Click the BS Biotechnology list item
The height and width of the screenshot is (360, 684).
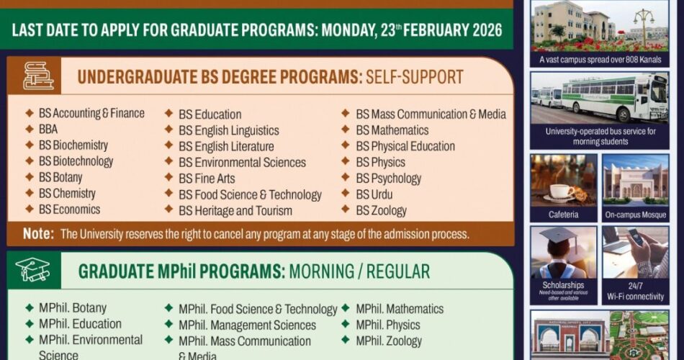[x=76, y=161]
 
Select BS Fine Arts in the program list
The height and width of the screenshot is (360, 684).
[x=207, y=179]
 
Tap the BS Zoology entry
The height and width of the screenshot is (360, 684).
[x=382, y=211]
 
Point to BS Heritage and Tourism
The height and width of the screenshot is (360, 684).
[x=235, y=211]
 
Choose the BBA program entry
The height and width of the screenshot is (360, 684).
[x=48, y=129]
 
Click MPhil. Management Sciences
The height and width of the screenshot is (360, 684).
[x=248, y=325]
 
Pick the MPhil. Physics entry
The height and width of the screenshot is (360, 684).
[x=388, y=325]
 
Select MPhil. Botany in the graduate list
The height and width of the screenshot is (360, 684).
[x=73, y=308]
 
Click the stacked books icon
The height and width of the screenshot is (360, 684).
[x=38, y=76]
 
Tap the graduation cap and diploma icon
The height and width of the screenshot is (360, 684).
[x=32, y=269]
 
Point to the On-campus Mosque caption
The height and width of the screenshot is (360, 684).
[x=636, y=215]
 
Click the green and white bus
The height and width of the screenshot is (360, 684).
[x=615, y=96]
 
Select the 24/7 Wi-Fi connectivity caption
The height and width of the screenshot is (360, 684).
[x=636, y=292]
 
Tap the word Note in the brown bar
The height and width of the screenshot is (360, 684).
[x=38, y=234]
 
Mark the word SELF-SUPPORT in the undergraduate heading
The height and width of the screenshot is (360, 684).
[x=415, y=77]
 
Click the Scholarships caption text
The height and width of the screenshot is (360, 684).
[x=563, y=285]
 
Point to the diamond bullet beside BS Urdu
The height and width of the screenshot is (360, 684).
[x=346, y=193]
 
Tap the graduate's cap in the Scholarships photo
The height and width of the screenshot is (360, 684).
[x=559, y=235]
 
